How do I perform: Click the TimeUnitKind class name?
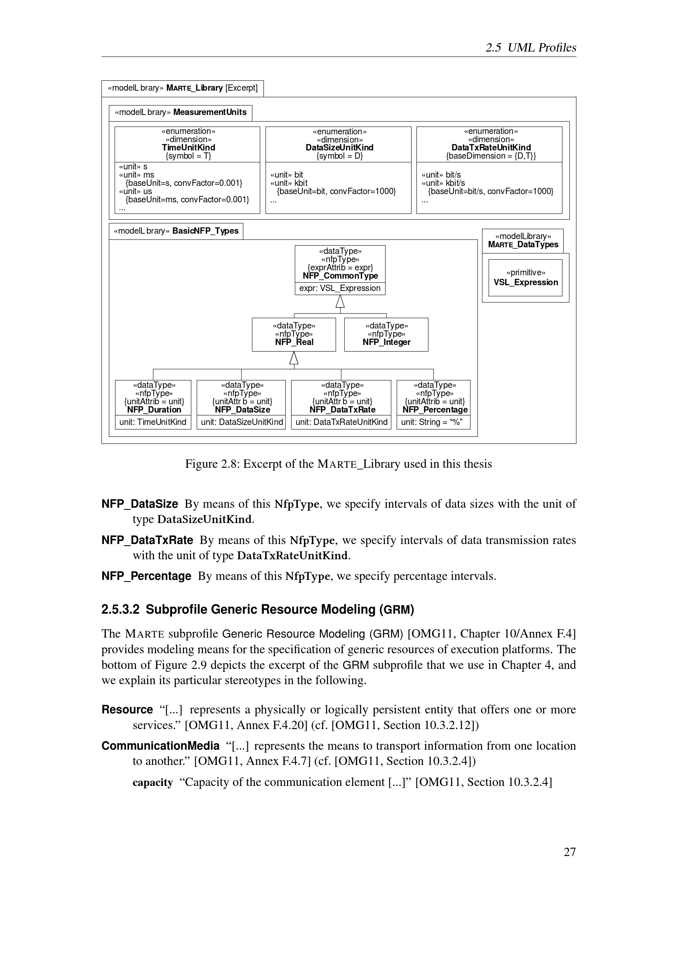pos(188,148)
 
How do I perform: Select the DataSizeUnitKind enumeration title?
pos(339,148)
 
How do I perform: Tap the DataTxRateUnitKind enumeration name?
pos(491,148)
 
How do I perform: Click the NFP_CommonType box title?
pos(340,276)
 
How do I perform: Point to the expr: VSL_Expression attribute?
pos(340,288)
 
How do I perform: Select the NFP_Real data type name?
pos(294,342)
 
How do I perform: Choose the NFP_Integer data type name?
pos(386,342)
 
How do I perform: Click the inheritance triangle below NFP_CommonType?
pos(340,301)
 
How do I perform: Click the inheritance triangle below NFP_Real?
pos(294,358)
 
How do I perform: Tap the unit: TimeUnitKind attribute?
pos(153,422)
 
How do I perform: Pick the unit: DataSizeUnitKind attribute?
pos(242,422)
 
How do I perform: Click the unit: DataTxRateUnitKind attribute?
pos(341,422)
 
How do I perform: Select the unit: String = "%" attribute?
pos(432,422)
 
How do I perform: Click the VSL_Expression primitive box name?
pos(526,283)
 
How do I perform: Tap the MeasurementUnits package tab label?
pos(209,112)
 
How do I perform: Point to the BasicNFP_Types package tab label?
pos(205,231)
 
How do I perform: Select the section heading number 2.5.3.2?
pos(120,610)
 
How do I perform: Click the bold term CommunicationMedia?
pos(160,746)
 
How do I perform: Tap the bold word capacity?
pos(153,782)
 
